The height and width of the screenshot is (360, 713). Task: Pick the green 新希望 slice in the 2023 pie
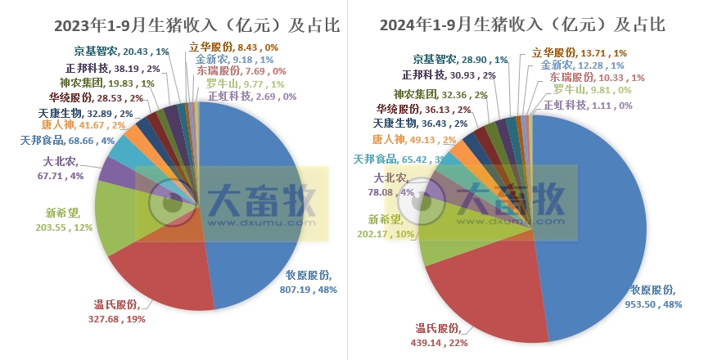click(x=123, y=213)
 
